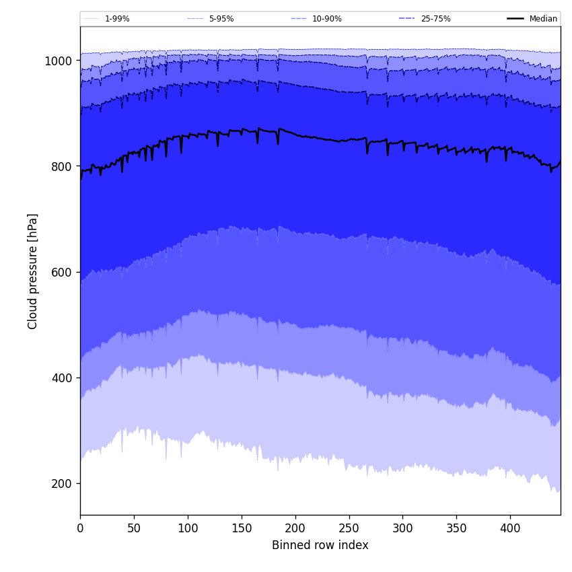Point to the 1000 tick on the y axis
(x=58, y=61)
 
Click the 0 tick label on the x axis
(x=80, y=528)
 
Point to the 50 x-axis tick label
(x=134, y=528)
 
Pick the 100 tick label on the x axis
(x=188, y=528)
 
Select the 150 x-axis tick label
(x=242, y=528)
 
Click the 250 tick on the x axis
(x=349, y=528)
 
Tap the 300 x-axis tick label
(x=402, y=528)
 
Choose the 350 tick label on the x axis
(x=456, y=528)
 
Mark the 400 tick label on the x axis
(x=510, y=528)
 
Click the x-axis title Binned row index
(x=320, y=545)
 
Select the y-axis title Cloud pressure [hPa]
(x=33, y=271)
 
